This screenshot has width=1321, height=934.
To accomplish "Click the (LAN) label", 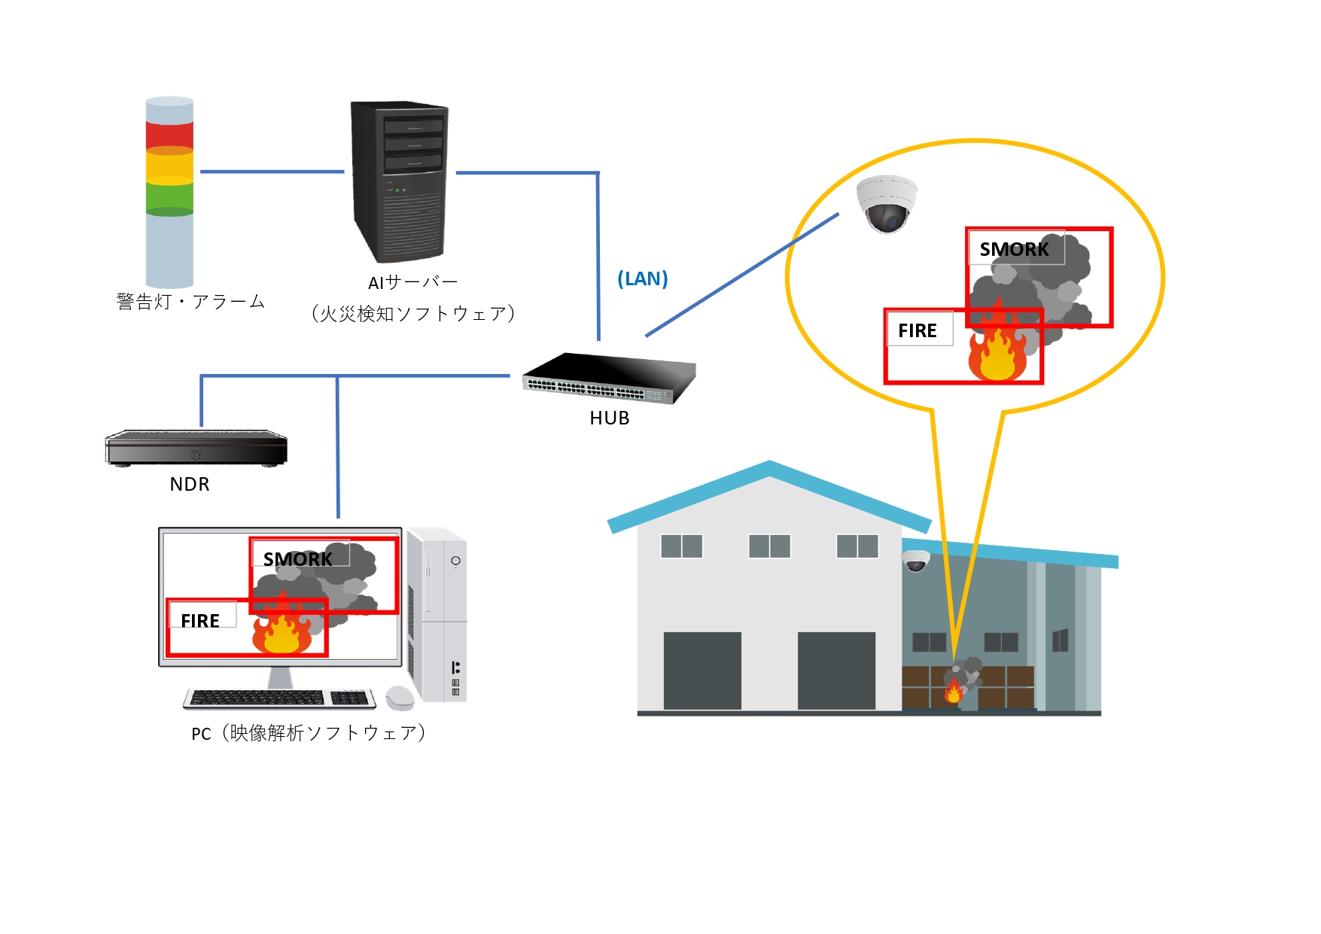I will (x=642, y=278).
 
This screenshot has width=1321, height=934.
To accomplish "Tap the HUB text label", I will (x=609, y=418).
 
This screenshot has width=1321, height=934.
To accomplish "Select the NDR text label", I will (x=190, y=484).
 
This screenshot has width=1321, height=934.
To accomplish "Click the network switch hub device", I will (x=609, y=378).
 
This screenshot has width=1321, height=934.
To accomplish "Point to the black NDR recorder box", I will (x=196, y=448).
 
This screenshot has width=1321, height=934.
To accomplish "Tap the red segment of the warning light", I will (x=169, y=135).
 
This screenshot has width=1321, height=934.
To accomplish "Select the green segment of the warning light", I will (x=169, y=197).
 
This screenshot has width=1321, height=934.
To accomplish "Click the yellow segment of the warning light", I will (x=169, y=166).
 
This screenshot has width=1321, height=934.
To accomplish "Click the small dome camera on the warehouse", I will (x=915, y=561).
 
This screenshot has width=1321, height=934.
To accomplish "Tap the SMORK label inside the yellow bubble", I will (x=1014, y=249).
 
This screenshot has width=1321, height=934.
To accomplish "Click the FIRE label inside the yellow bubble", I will (x=918, y=330).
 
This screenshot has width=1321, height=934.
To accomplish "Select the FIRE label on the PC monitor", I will (x=200, y=620).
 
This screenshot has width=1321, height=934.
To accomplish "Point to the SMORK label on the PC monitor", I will (x=298, y=558).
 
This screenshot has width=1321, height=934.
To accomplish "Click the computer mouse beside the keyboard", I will (x=400, y=698).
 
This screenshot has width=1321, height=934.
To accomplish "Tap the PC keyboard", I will (x=279, y=698).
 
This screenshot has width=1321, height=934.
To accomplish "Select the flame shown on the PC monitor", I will (x=282, y=631).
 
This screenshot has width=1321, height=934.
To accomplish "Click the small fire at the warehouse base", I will (x=953, y=690).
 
